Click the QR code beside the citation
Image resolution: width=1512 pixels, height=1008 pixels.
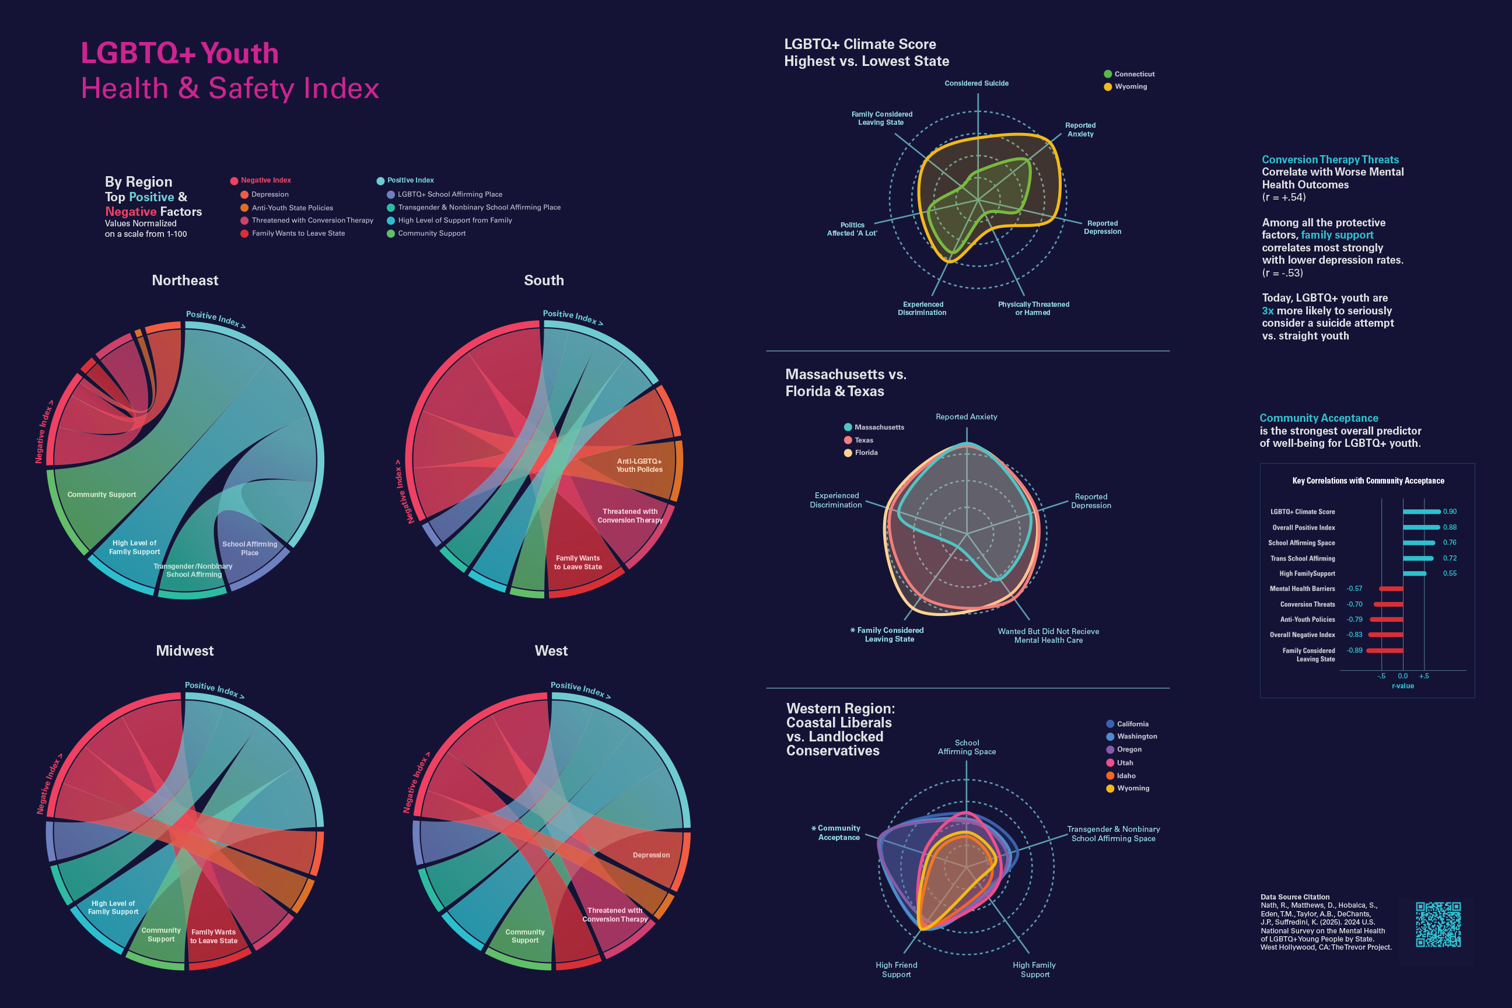pyautogui.click(x=1438, y=925)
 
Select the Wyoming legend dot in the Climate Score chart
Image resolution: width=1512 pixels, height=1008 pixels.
pyautogui.click(x=1108, y=87)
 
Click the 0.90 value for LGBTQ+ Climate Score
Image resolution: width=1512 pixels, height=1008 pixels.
pyautogui.click(x=1450, y=512)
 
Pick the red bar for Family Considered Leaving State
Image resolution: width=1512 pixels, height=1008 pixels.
pyautogui.click(x=1385, y=650)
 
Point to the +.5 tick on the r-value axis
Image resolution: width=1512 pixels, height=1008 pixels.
pyautogui.click(x=1424, y=676)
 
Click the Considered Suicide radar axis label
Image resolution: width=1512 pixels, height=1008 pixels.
pyautogui.click(x=976, y=83)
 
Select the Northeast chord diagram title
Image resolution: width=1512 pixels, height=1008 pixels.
pyautogui.click(x=185, y=280)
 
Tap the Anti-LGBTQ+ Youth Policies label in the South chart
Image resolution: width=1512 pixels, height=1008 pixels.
pyautogui.click(x=639, y=466)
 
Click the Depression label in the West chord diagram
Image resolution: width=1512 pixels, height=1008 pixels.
pyautogui.click(x=650, y=855)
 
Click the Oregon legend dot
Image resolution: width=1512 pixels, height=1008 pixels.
pyautogui.click(x=1110, y=750)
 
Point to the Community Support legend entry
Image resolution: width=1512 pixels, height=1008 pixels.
pyautogui.click(x=430, y=233)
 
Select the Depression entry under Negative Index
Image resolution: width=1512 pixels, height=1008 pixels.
pyautogui.click(x=269, y=194)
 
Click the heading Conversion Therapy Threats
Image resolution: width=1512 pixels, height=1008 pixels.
pyautogui.click(x=1329, y=159)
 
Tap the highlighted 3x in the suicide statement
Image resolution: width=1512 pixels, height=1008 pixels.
pyautogui.click(x=1267, y=310)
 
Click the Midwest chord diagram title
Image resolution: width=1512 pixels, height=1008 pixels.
pyautogui.click(x=184, y=650)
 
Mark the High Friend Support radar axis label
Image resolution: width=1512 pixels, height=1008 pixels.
pyautogui.click(x=896, y=970)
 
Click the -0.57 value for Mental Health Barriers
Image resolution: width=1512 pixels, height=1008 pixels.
pyautogui.click(x=1354, y=589)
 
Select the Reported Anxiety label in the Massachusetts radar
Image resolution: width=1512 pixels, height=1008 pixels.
pyautogui.click(x=966, y=416)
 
